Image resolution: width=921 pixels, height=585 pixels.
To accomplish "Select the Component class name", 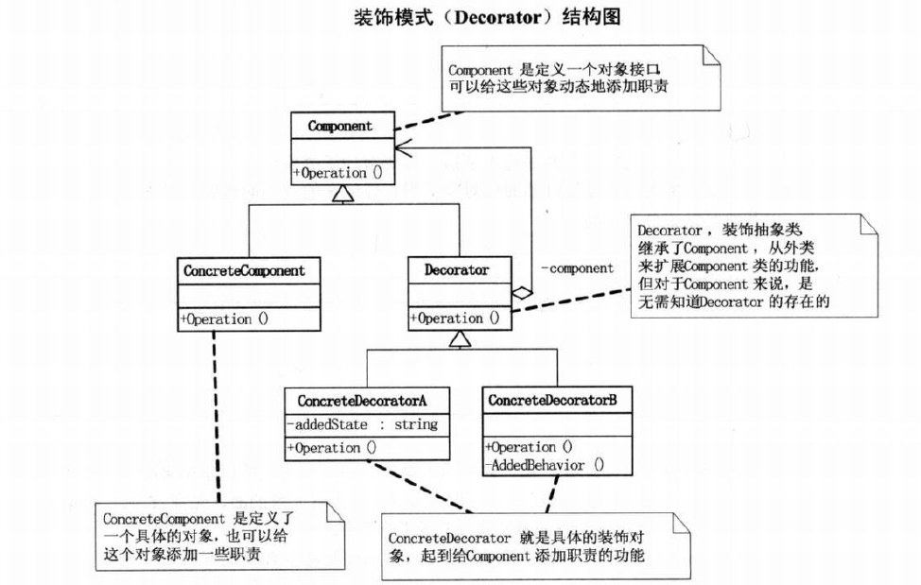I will coord(339,126).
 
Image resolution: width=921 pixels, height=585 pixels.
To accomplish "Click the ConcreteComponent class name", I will coord(244,271).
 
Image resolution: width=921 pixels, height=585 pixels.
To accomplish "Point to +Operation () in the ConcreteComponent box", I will coord(223,319).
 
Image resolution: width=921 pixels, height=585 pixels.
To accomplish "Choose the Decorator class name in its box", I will coord(457,270).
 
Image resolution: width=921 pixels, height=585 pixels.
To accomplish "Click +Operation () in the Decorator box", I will coord(453,318).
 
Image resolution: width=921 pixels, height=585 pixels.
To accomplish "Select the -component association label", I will coord(577,267).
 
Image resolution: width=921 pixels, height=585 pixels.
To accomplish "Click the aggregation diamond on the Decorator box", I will coord(521,293).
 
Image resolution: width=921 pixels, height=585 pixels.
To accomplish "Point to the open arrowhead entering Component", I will coord(405,146).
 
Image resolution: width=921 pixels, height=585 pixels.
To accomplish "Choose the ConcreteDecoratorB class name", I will coord(552,401).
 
